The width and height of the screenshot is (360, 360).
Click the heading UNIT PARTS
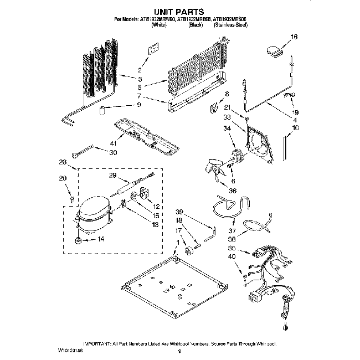pos(180,11)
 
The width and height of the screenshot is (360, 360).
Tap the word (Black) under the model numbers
pos(196,25)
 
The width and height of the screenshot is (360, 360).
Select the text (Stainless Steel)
pos(232,25)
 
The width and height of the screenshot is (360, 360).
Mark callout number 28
pos(62,162)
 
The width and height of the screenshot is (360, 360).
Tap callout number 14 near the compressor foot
pos(100,239)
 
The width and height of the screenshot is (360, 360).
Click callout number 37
pos(232,230)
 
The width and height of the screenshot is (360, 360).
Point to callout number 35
pos(232,249)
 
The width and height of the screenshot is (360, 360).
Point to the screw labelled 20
pos(72,197)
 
